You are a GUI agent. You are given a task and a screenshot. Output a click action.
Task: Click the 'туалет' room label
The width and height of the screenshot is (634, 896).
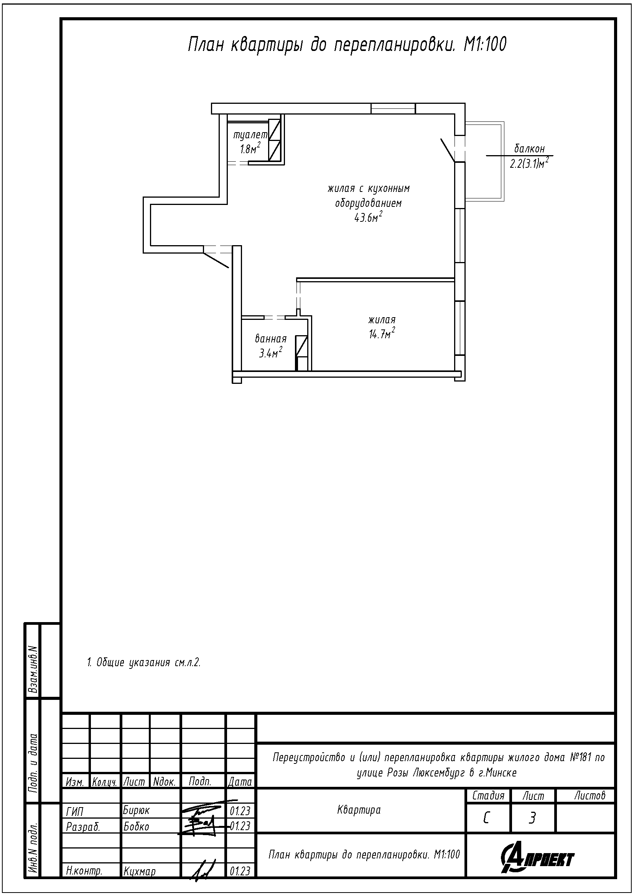(250, 135)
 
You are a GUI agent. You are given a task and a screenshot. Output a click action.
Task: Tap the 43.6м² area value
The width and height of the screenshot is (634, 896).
(368, 217)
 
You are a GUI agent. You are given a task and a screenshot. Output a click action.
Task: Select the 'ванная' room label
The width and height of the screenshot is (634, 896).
(271, 339)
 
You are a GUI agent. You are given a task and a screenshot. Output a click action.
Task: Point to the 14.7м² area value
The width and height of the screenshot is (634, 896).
(382, 334)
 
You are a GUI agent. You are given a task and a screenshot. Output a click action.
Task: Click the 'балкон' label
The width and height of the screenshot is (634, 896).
(529, 148)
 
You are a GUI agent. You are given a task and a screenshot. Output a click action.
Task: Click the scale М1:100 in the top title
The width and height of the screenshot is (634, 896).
(485, 44)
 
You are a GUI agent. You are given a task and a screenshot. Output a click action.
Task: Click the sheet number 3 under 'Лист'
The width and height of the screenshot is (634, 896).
(532, 817)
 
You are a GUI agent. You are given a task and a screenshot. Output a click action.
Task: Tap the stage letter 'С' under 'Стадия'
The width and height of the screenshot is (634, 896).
(487, 817)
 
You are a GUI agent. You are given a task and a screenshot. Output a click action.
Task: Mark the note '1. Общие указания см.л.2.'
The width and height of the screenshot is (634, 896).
(144, 662)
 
